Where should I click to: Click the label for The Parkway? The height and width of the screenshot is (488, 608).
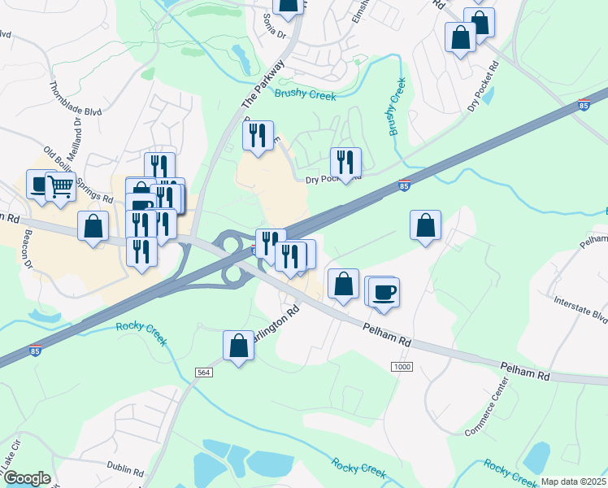pyautogui.click(x=263, y=85)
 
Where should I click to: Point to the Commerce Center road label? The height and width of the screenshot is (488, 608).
pyautogui.click(x=486, y=415)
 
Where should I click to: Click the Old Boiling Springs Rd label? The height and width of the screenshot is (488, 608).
pyautogui.click(x=78, y=176)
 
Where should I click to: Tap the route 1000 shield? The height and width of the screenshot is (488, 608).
pyautogui.click(x=402, y=368)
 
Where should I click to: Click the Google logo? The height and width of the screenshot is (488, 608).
pyautogui.click(x=26, y=478)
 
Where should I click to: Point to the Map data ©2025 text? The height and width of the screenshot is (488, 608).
pyautogui.click(x=573, y=481)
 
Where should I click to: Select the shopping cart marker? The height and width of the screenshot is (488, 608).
pyautogui.click(x=60, y=186)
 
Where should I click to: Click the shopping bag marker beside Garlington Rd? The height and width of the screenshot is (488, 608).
pyautogui.click(x=239, y=345)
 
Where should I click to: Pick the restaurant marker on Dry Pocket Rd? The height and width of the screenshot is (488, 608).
pyautogui.click(x=346, y=162)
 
